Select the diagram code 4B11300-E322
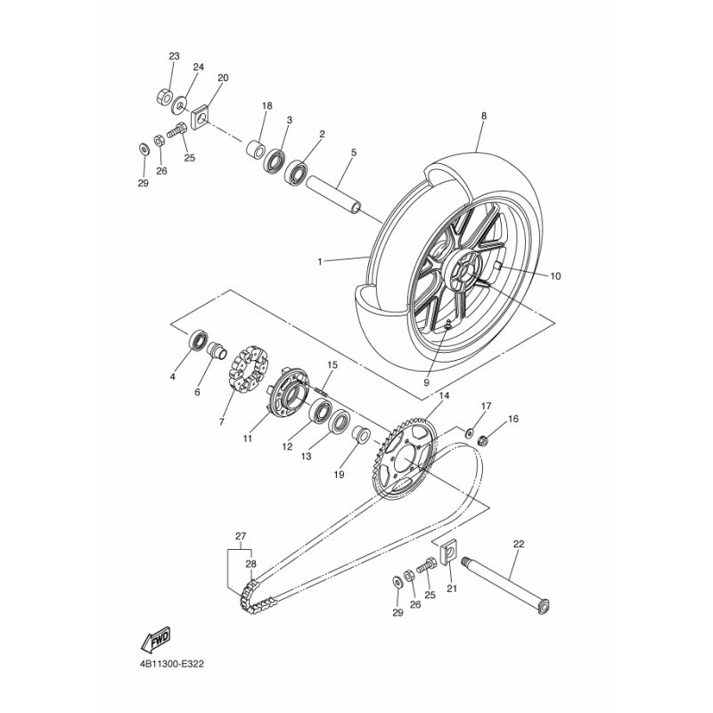click(172, 664)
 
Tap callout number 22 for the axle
click(519, 544)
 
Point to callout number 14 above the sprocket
click(444, 396)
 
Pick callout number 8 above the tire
click(484, 116)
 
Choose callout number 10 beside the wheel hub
click(555, 276)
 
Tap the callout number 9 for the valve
click(427, 382)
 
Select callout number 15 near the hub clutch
click(332, 365)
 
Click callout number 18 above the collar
click(266, 106)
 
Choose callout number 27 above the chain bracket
click(241, 537)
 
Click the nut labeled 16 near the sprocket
click(483, 439)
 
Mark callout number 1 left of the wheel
click(320, 262)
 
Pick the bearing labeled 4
click(198, 340)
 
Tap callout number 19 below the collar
click(339, 475)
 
